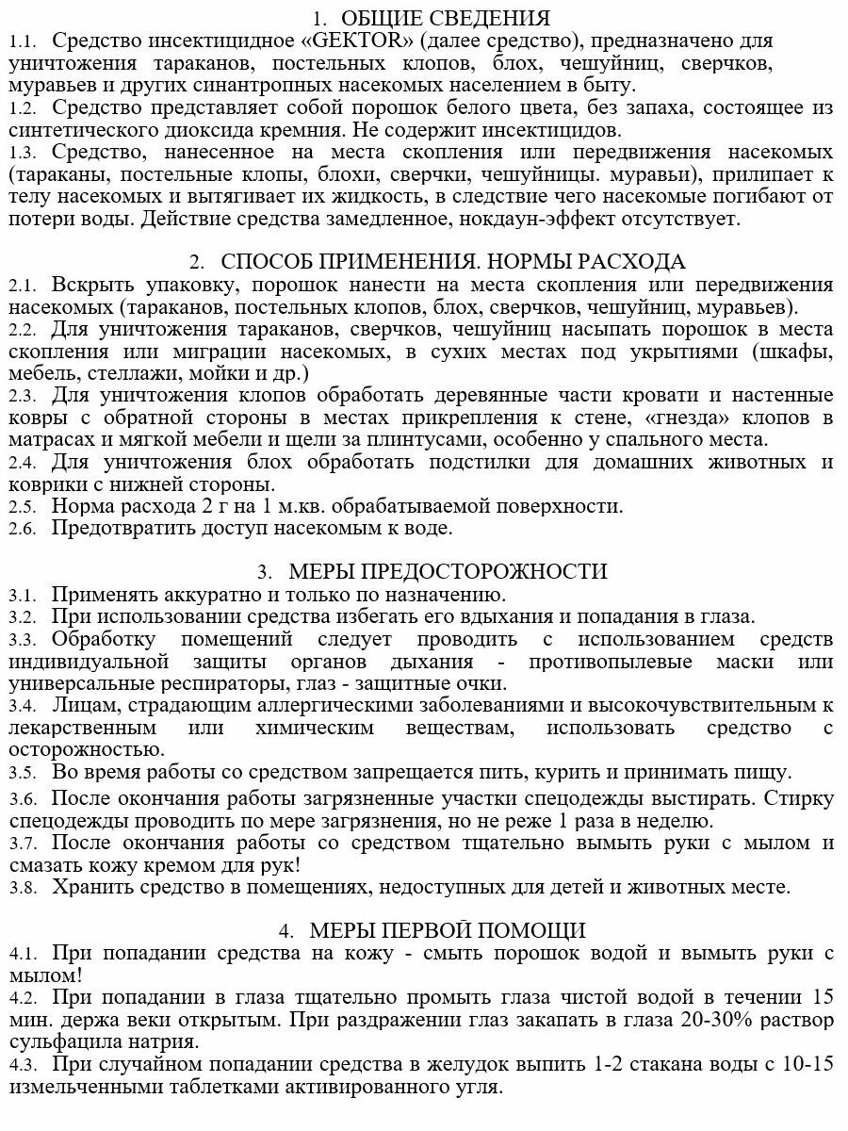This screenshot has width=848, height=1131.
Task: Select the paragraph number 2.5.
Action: tap(22, 507)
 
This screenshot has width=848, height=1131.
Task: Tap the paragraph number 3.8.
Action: tap(22, 888)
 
